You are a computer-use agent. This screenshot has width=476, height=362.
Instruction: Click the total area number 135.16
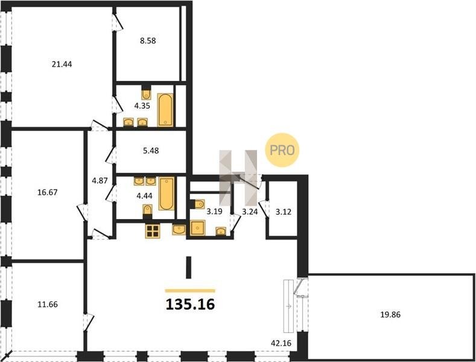click(190, 304)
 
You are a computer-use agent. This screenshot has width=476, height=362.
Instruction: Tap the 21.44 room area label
click(62, 64)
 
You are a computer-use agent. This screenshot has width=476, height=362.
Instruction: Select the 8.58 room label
click(148, 40)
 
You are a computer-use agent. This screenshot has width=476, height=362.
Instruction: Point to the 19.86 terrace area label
click(390, 314)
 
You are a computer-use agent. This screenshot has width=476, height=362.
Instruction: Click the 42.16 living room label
click(281, 343)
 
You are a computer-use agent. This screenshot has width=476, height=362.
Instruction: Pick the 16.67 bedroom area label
click(47, 192)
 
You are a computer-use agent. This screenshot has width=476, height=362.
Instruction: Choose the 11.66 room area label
click(48, 304)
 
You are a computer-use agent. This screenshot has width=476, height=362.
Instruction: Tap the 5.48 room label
click(151, 151)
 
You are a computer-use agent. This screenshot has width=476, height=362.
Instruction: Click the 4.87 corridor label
click(100, 180)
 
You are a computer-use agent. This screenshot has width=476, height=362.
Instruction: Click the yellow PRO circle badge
click(282, 150)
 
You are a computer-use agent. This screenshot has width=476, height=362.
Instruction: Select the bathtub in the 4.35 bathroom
click(165, 110)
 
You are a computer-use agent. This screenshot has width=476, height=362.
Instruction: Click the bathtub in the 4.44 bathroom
click(167, 194)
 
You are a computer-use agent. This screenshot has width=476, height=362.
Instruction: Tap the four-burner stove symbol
click(153, 232)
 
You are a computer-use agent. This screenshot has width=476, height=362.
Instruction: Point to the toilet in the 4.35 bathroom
click(147, 95)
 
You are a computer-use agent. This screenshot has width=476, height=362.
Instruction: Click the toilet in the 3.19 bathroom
click(198, 204)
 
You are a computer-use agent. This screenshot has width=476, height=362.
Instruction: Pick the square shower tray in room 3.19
click(198, 228)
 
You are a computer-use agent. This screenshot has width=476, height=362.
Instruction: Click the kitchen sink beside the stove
click(179, 229)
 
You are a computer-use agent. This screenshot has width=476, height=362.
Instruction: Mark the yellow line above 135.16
click(190, 291)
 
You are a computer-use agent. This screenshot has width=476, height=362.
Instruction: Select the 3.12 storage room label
click(283, 212)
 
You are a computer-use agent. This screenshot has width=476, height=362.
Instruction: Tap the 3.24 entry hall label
click(250, 212)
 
